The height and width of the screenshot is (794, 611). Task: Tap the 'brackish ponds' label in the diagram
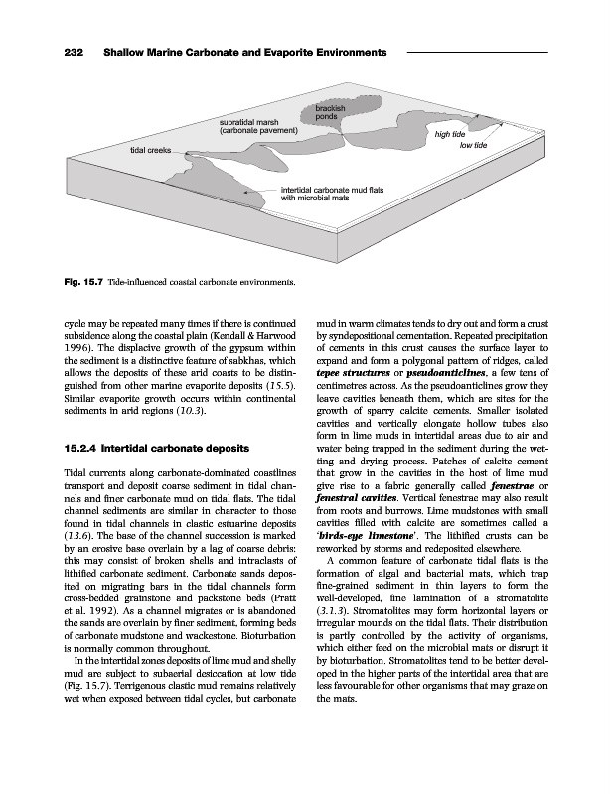click(x=330, y=112)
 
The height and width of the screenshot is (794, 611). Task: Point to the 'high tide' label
click(x=451, y=133)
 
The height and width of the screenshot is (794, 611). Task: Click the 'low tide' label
click(x=473, y=145)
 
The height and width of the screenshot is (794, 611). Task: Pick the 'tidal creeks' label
click(x=150, y=149)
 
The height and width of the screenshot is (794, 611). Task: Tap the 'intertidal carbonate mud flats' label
click(x=338, y=189)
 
